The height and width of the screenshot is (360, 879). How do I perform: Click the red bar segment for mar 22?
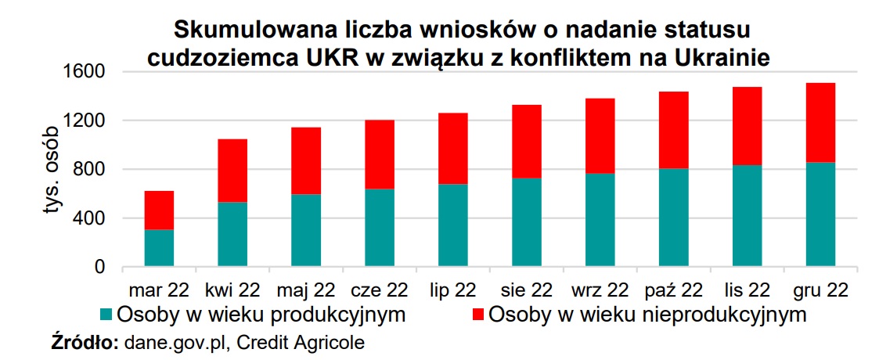tap(159, 210)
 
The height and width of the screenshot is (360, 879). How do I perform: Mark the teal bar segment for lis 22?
tap(747, 216)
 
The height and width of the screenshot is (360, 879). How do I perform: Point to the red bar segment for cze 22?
tap(380, 154)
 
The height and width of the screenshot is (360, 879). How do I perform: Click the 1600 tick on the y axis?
tap(88, 72)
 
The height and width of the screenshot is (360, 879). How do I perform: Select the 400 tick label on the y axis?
tap(94, 218)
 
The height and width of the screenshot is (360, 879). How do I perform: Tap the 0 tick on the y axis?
tap(99, 268)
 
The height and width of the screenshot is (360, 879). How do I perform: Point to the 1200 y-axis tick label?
tap(88, 121)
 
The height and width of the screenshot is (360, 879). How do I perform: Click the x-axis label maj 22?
tap(306, 290)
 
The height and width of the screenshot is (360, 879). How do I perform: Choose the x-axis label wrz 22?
tap(600, 290)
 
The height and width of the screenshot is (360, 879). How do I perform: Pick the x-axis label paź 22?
tap(674, 290)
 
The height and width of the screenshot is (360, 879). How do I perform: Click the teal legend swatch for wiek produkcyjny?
tap(107, 315)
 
